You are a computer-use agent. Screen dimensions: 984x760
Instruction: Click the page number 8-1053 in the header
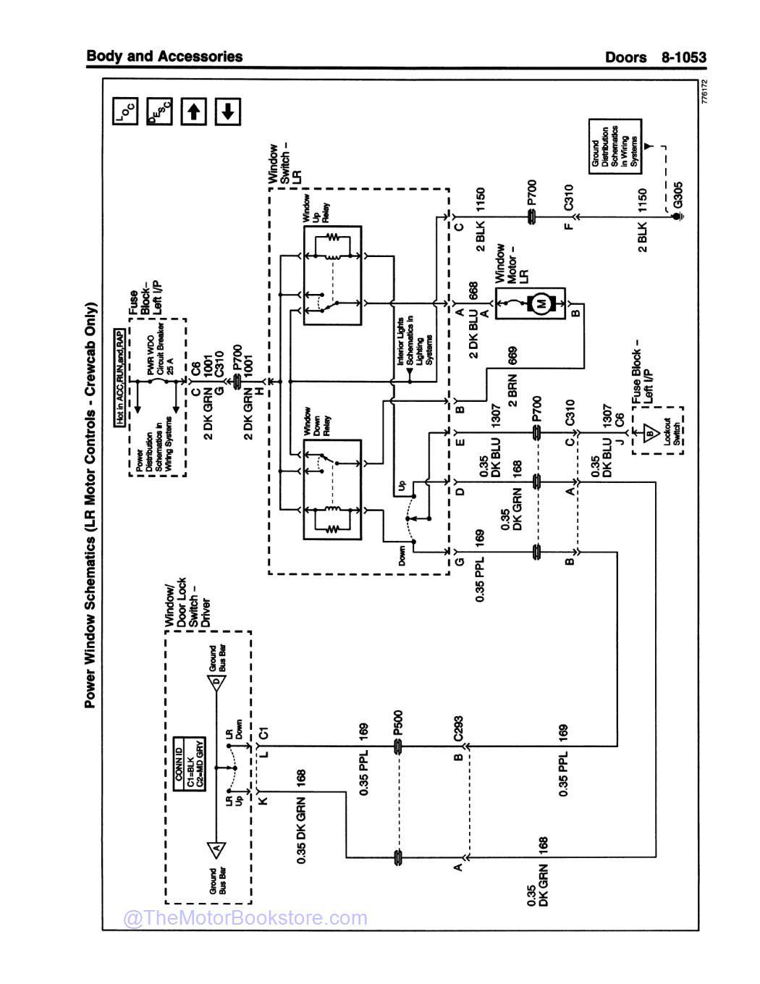pos(682,57)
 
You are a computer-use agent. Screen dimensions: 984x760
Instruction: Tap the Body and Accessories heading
pos(164,56)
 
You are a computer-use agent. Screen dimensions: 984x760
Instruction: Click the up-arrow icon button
pos(193,112)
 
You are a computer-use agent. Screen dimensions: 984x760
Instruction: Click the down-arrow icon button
pos(227,112)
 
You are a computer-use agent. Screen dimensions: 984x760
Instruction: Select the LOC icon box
pos(125,112)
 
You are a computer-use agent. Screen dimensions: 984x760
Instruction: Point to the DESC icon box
pos(159,112)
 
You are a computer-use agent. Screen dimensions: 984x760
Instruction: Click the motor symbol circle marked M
pos(539,305)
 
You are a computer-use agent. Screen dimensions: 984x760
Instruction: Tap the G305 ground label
pos(677,194)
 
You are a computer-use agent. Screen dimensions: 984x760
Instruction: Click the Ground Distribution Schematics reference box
pos(615,145)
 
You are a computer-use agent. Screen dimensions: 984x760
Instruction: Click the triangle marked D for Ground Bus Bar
pos(216,682)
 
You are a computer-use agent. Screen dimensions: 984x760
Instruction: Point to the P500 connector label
pos(397,724)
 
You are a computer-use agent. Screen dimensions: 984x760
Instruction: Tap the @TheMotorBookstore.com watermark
pos(246,918)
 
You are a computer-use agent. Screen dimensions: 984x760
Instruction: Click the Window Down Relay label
pos(307,421)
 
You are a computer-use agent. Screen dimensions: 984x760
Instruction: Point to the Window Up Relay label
pos(307,210)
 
